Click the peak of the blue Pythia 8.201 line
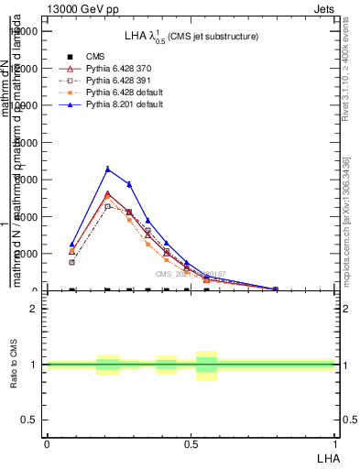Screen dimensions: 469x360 pyautogui.click(x=107, y=169)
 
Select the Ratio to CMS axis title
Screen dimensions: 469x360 pyautogui.click(x=16, y=365)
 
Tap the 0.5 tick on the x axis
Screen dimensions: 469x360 pyautogui.click(x=191, y=443)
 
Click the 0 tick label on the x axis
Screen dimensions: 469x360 pyautogui.click(x=46, y=443)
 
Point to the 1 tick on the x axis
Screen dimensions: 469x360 pyautogui.click(x=335, y=443)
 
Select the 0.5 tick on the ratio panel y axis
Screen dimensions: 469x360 pyautogui.click(x=30, y=420)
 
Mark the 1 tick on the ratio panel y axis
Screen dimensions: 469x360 pyautogui.click(x=35, y=365)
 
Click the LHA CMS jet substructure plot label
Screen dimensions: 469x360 pyautogui.click(x=191, y=36)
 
